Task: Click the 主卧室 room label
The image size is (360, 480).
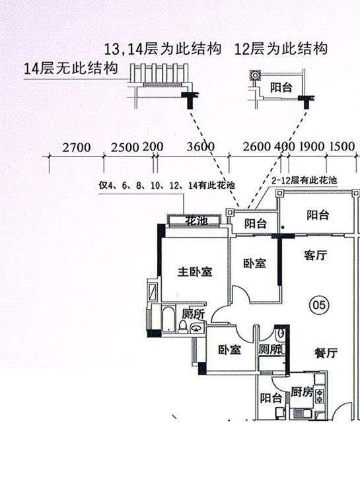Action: coord(195,271)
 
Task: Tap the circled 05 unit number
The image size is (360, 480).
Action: coord(320,304)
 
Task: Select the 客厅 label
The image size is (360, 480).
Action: coord(315,255)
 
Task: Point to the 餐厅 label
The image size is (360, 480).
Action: coord(326,353)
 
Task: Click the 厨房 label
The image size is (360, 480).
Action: coord(302,392)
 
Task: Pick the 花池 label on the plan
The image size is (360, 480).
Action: coord(196,221)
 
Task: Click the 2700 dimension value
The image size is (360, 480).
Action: coord(77,147)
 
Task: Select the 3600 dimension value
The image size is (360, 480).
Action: coord(201,147)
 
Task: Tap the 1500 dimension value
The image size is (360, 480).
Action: coord(342,147)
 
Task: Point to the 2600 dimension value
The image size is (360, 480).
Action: coord(257,147)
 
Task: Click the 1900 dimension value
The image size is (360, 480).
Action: coord(312,147)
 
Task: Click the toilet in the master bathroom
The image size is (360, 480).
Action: coord(182,326)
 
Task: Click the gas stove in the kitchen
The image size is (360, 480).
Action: coord(320,395)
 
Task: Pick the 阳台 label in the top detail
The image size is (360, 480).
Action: coord(281,88)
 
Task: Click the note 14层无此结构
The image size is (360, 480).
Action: coord(71,68)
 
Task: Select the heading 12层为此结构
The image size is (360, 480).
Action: coord(281,49)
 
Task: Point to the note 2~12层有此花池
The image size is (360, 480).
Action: coord(305,180)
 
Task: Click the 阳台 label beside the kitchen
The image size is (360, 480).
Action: coord(271,398)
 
